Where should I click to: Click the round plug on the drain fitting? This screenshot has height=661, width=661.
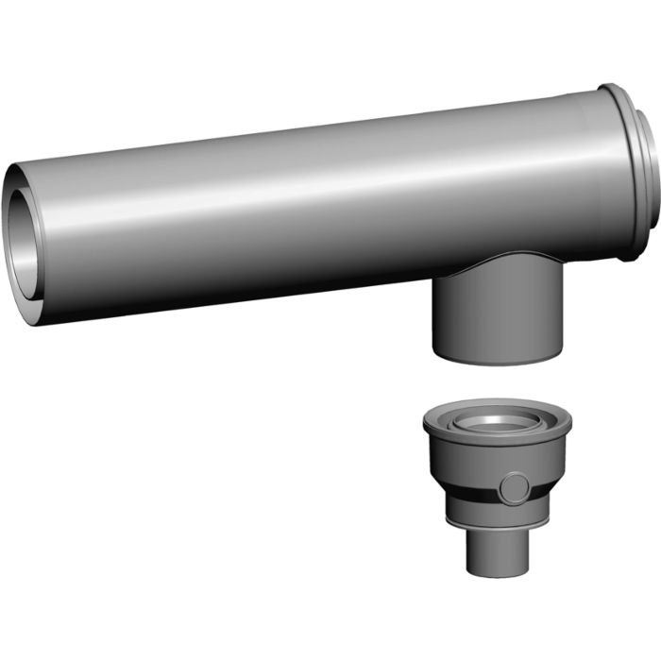click(516, 487)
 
